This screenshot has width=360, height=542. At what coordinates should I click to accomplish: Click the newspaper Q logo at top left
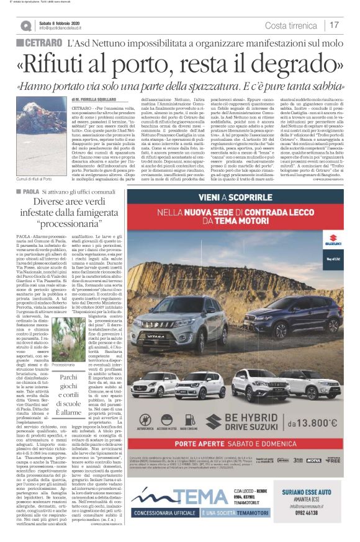click(25, 25)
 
